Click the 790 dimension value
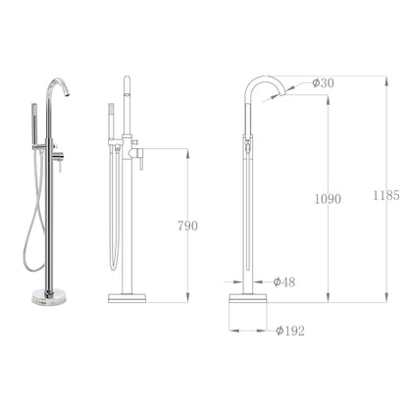point(186,226)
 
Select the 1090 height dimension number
point(329,199)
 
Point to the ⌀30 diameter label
point(324,83)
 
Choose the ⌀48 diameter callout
point(284,282)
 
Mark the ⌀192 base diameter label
point(289,331)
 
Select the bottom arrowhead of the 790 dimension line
point(187,299)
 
